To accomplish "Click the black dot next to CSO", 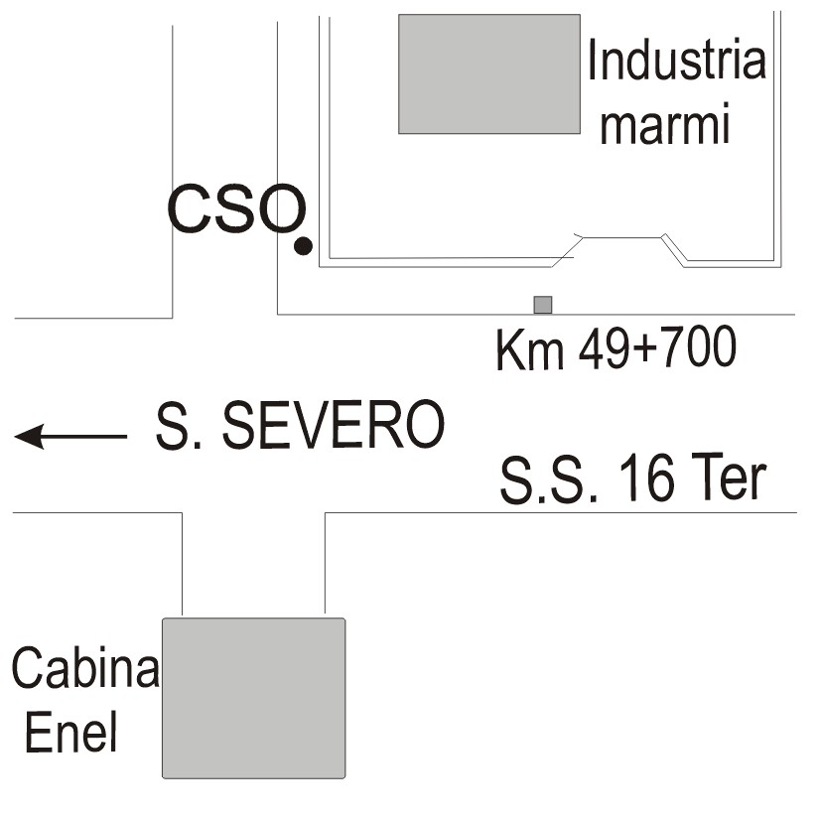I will pyautogui.click(x=303, y=244).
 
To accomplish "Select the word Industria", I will pyautogui.click(x=676, y=62).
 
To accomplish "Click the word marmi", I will pyautogui.click(x=666, y=126).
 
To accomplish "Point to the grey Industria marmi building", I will pyautogui.click(x=488, y=73).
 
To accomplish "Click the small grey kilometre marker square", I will pyautogui.click(x=542, y=304).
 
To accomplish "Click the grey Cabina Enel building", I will pyautogui.click(x=253, y=697).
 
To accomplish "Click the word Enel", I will pyautogui.click(x=70, y=734).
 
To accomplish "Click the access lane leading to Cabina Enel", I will pyautogui.click(x=254, y=564).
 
